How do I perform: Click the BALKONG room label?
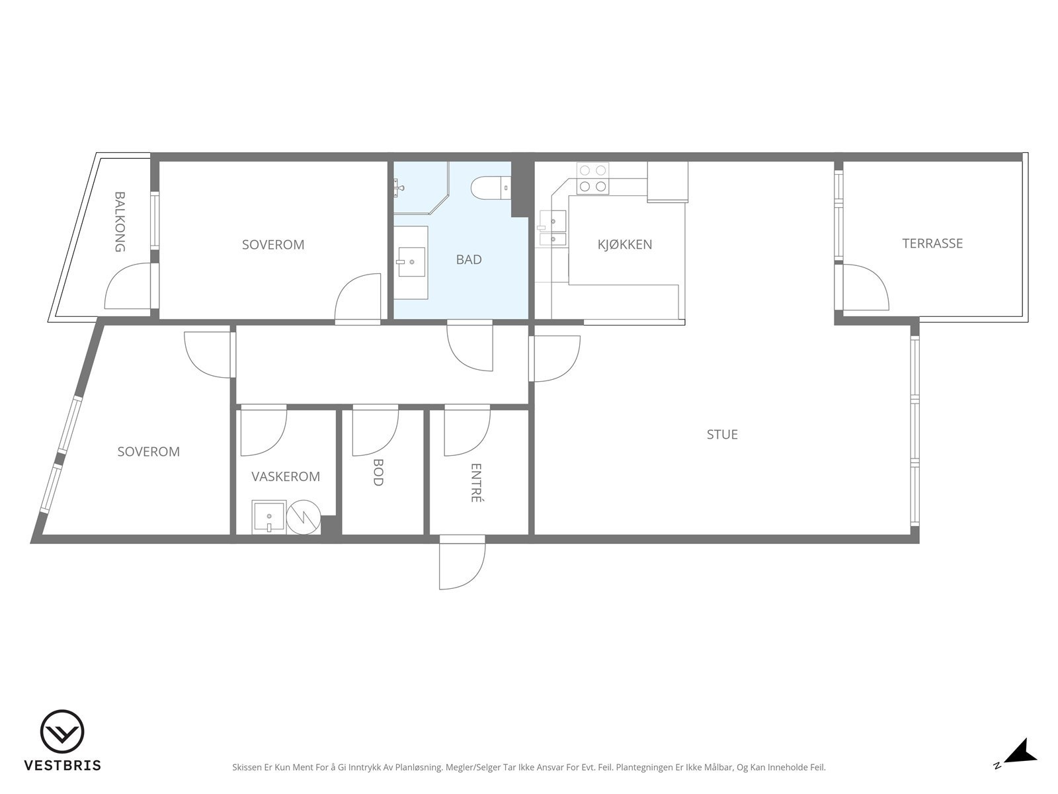tap(120, 222)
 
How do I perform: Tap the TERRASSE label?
tap(932, 243)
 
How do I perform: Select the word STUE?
tap(722, 434)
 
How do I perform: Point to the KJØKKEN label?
tap(625, 244)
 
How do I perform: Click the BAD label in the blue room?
tap(469, 259)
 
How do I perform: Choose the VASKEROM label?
tap(286, 476)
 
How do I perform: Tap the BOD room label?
tap(378, 472)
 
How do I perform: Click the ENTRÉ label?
tap(476, 482)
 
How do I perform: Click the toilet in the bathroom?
tap(491, 188)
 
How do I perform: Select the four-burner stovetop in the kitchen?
tap(593, 179)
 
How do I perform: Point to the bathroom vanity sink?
tap(411, 262)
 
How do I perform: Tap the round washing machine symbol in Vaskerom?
tap(303, 517)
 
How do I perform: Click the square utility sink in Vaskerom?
tap(269, 517)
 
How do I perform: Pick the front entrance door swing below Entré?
tap(462, 562)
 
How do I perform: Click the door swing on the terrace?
tap(866, 287)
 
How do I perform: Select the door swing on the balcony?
tap(128, 286)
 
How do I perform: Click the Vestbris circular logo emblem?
tap(62, 732)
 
